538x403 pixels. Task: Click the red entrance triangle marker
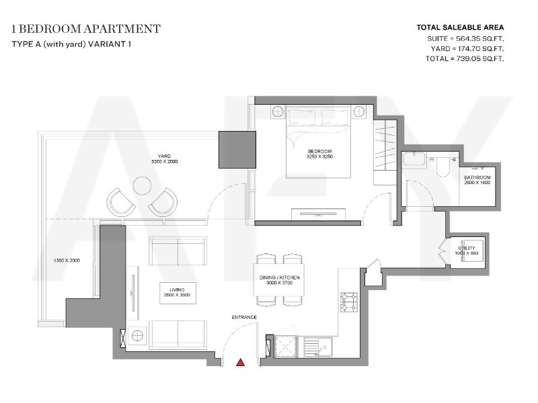[241, 362]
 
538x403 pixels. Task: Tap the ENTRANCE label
[244, 317]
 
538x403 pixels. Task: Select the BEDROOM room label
[319, 151]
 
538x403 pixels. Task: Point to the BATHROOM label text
[477, 177]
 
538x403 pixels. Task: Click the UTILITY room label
[467, 248]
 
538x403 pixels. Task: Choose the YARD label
[164, 156]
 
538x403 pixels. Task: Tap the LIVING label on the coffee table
[177, 290]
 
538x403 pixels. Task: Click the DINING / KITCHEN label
[279, 277]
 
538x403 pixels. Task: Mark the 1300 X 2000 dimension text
[67, 261]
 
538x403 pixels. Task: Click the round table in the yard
[142, 186]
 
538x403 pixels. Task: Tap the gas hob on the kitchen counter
[348, 302]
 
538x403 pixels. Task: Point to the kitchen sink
[317, 347]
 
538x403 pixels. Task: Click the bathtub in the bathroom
[414, 160]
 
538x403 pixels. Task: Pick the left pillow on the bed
[302, 117]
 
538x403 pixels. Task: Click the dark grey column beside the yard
[237, 150]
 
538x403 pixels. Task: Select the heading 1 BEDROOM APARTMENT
[86, 29]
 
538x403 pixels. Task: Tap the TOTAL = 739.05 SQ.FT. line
[465, 58]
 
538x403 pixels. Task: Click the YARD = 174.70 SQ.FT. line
[467, 48]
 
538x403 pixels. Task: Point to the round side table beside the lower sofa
[137, 335]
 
